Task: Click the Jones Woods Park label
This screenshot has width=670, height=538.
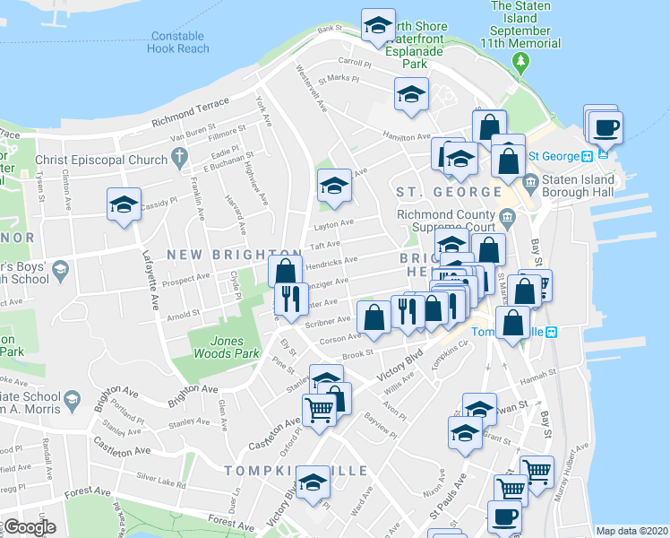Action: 216,347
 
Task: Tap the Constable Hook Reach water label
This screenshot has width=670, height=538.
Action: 179,42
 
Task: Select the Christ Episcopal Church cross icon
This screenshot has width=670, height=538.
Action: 179,161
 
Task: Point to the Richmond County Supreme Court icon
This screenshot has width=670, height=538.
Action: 507,216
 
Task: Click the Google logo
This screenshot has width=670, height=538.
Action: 30,527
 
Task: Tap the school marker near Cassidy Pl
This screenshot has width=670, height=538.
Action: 124,204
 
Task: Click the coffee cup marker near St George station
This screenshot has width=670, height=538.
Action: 605,126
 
